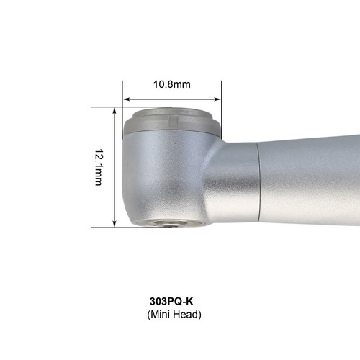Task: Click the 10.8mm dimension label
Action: [x=172, y=84]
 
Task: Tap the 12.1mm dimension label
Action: [x=99, y=168]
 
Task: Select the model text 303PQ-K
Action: [x=171, y=301]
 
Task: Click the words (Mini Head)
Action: [x=174, y=314]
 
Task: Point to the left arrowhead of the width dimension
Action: [x=126, y=99]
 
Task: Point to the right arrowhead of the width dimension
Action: [x=217, y=99]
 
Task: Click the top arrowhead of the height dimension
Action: [x=114, y=111]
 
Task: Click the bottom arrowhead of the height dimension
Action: [x=114, y=223]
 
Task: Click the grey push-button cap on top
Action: [x=171, y=122]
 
